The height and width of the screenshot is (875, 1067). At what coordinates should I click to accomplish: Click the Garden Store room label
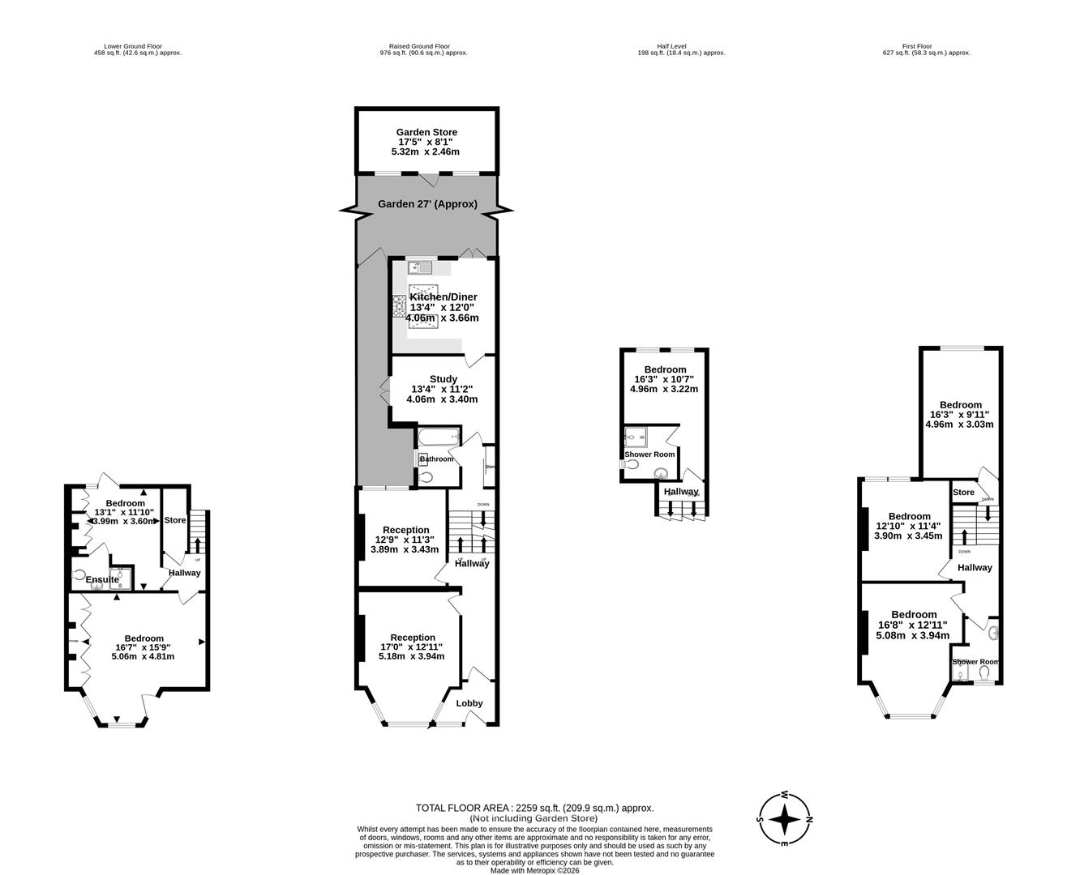click(426, 132)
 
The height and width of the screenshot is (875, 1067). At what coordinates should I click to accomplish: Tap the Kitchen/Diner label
click(443, 297)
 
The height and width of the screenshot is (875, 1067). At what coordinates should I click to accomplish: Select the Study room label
click(443, 379)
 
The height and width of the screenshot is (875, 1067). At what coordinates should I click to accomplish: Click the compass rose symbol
click(784, 820)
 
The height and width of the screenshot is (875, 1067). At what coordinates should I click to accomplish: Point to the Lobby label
click(469, 703)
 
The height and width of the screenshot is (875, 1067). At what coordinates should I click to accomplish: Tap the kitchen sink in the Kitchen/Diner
click(422, 267)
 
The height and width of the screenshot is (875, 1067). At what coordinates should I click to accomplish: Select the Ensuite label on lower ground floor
click(103, 579)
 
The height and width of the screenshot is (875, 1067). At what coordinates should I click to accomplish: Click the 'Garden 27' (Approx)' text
click(427, 204)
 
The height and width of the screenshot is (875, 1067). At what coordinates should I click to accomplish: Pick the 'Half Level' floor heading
click(672, 46)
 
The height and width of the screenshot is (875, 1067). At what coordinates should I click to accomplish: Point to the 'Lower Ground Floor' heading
click(137, 46)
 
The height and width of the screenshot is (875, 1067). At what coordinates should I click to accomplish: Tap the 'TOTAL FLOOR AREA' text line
click(534, 808)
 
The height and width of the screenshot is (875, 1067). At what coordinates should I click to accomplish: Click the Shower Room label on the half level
click(649, 455)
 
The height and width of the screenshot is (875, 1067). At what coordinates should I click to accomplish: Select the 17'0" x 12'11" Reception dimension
click(412, 647)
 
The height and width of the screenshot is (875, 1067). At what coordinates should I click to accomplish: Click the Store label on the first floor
click(963, 493)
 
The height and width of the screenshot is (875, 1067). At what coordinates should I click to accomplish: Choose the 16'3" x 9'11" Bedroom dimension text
click(960, 415)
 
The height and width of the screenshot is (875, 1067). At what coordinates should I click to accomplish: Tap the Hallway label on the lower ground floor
click(184, 573)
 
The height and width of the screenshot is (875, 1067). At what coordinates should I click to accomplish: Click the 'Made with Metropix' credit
click(534, 871)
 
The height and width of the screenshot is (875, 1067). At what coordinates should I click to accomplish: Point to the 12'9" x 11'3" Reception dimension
click(405, 540)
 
